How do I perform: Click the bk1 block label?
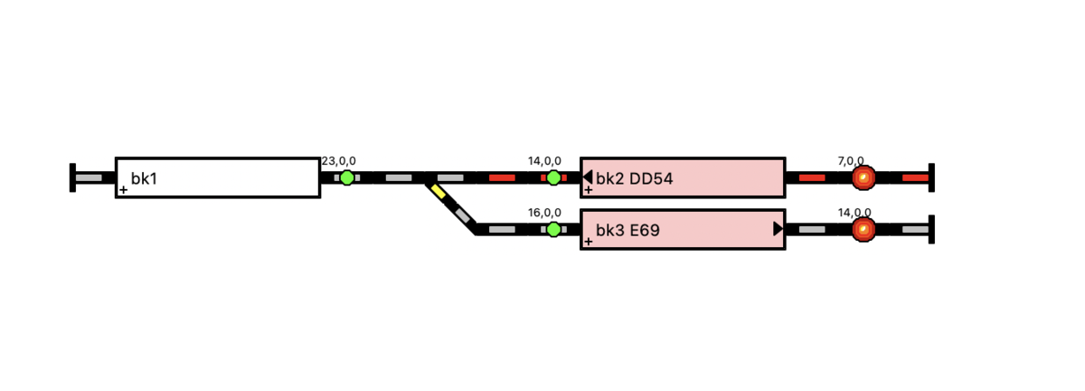pos(144,178)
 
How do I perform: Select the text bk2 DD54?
pos(634,178)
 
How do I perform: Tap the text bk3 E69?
pos(627,230)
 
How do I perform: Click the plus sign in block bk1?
pos(124,190)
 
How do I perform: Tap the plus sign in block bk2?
pos(588,190)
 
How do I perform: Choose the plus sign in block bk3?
pos(588,241)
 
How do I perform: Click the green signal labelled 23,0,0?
pos(347,177)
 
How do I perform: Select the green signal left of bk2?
pos(553,177)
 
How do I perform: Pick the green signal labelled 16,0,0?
pos(553,229)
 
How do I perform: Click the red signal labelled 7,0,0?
pos(863,177)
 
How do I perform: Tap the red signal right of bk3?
pos(863,229)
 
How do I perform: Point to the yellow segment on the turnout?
pos(438,191)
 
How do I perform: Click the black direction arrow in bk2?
pos(588,177)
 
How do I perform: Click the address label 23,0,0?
pos(338,160)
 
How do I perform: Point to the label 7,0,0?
pos(851,160)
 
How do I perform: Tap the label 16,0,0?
pos(544,213)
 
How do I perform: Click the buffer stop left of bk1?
pos(72,177)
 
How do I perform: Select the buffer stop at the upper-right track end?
pos(931,177)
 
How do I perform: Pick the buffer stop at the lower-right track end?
pos(931,229)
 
